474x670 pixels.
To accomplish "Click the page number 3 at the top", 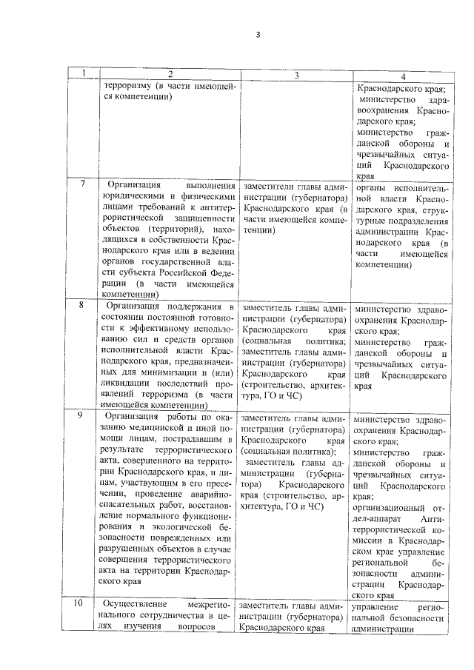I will tap(258, 34).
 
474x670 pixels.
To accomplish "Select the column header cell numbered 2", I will tap(170, 75).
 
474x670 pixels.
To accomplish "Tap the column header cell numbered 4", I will tap(402, 76).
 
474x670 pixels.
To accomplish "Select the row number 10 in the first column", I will tap(86, 604).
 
